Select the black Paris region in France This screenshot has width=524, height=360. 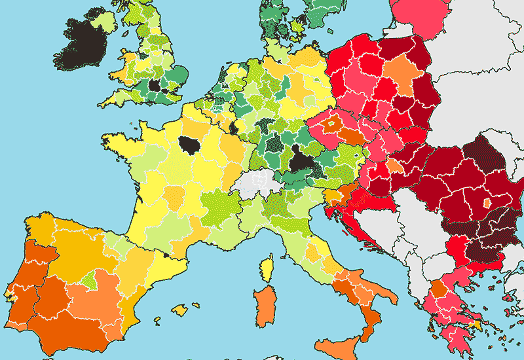[x=192, y=145]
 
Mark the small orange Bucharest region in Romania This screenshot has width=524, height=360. [x=487, y=204]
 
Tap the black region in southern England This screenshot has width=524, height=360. [x=155, y=85]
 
